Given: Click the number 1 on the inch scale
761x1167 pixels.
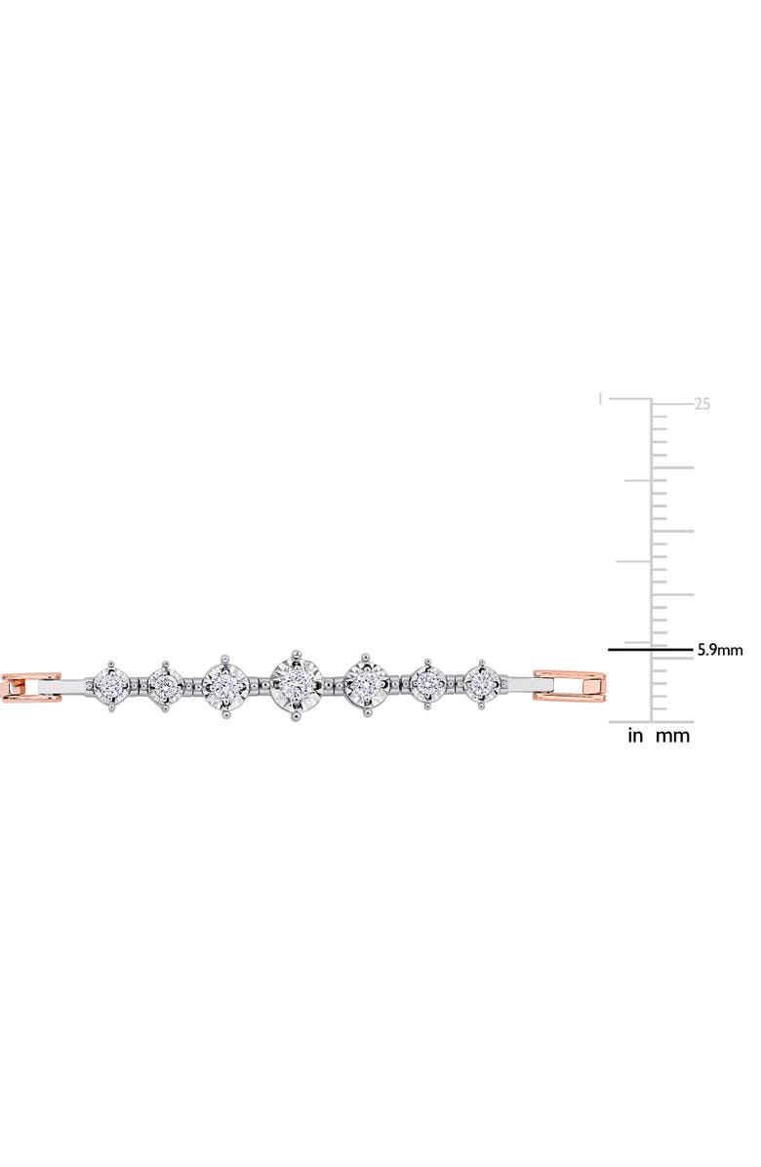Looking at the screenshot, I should coord(601,398).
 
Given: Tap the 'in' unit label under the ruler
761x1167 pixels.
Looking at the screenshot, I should coord(635,737).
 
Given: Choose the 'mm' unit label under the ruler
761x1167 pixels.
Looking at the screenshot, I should coord(673,737).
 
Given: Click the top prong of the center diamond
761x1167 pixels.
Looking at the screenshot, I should coord(299,646).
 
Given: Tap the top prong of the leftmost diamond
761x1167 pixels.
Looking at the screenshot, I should coord(112,659).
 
